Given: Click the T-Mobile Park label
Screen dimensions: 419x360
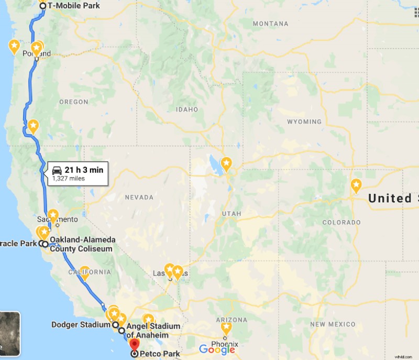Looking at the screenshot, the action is point(73,6).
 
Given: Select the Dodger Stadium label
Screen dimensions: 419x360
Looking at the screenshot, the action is point(81,324).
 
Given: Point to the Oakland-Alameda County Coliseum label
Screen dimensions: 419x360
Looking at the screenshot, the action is point(82,244).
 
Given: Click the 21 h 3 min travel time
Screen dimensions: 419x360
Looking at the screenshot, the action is point(84,169).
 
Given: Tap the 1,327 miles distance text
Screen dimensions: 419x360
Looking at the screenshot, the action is point(68,179).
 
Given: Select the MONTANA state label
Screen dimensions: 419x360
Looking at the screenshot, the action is point(270,24).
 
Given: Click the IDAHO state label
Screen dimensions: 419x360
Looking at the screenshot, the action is point(187,110).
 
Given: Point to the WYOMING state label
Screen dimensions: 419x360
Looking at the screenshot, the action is point(304,122).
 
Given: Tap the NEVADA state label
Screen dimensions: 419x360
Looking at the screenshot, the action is point(140,198).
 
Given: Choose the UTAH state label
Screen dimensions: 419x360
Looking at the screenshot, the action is point(231,214).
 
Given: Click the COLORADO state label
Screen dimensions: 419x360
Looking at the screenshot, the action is point(341,222).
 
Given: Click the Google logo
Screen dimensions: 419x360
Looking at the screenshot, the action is point(216,350).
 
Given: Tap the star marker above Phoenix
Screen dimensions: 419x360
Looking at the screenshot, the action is point(226,328).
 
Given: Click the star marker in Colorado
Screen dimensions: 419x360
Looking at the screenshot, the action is point(356,185).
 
